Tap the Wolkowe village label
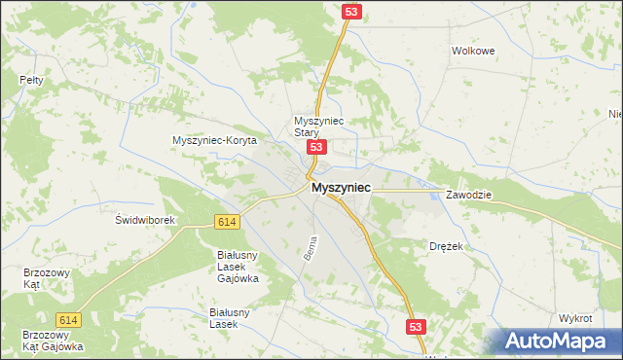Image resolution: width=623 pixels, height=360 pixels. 473,50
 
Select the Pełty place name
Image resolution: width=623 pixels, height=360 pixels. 31,81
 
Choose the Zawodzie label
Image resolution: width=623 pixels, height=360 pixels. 469,195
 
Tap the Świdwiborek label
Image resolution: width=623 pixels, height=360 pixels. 144,220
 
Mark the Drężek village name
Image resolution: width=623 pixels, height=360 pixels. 446,247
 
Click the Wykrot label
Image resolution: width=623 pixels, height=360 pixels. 575,318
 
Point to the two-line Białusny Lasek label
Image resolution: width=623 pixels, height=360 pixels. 224,318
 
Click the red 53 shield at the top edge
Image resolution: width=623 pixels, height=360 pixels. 352,11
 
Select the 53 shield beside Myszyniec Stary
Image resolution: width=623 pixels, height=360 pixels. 315,147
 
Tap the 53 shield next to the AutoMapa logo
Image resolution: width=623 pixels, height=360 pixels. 416,328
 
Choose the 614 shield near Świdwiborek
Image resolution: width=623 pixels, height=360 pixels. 227,222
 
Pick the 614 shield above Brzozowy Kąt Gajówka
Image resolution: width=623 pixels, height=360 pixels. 68,320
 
